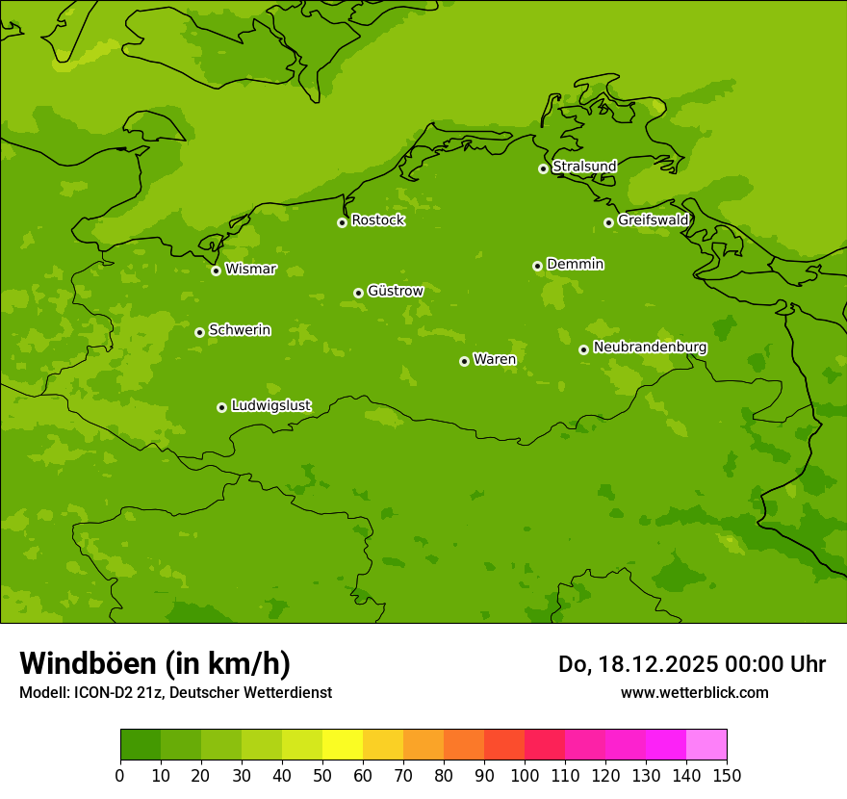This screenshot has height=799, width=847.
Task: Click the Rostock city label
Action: click(377, 220)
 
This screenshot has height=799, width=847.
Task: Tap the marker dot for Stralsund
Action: click(543, 168)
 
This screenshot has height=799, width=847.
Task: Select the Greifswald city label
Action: click(653, 220)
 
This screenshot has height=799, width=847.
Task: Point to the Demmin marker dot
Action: click(537, 266)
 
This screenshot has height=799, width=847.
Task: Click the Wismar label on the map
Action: click(250, 270)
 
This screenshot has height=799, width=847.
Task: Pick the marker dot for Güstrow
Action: click(358, 293)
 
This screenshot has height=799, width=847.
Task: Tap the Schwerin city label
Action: click(240, 330)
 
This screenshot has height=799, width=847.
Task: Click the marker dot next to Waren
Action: click(464, 361)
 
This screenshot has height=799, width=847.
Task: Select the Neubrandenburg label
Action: click(650, 348)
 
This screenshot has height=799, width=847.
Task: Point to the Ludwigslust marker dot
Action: click(221, 407)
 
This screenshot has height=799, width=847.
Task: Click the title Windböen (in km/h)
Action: click(155, 663)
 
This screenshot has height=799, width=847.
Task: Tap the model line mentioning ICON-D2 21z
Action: click(175, 693)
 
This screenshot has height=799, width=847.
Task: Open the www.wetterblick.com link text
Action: click(694, 693)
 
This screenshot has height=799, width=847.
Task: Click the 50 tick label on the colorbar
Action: click(322, 775)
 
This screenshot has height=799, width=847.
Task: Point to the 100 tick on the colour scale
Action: click(525, 775)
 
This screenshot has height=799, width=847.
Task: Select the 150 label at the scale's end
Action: click(727, 775)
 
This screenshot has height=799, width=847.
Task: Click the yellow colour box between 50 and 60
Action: click(343, 745)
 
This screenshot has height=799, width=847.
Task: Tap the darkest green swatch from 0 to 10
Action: click(141, 745)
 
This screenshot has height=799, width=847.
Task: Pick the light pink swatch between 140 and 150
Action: click(706, 745)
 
